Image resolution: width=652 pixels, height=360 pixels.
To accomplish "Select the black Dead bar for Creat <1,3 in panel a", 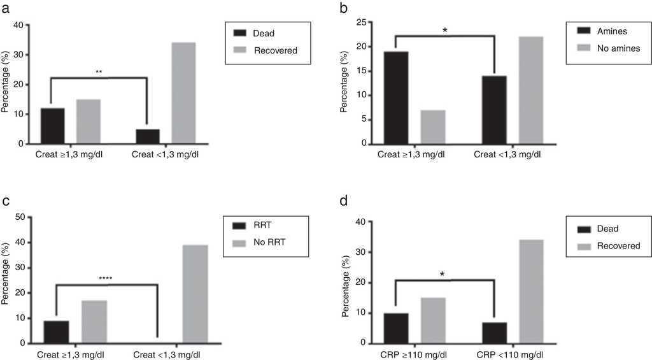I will tap(147, 136).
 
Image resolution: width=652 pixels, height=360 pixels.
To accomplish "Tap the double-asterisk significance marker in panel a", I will tap(99, 72).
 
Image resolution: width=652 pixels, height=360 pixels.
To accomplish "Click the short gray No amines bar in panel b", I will tap(433, 127).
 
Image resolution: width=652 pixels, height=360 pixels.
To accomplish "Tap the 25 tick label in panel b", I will tap(360, 22).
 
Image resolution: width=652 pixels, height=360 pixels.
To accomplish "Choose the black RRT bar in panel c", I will tap(57, 331).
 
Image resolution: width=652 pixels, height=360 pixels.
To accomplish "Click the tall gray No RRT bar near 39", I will tap(195, 294).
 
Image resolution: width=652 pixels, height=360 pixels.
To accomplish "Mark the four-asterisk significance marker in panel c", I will tap(107, 278).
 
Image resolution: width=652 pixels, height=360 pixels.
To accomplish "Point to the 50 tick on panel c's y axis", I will tap(19, 217).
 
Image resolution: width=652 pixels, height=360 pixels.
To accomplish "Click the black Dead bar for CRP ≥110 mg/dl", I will tap(395, 328).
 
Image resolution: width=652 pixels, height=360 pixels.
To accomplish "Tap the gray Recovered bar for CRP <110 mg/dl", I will tap(532, 292).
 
